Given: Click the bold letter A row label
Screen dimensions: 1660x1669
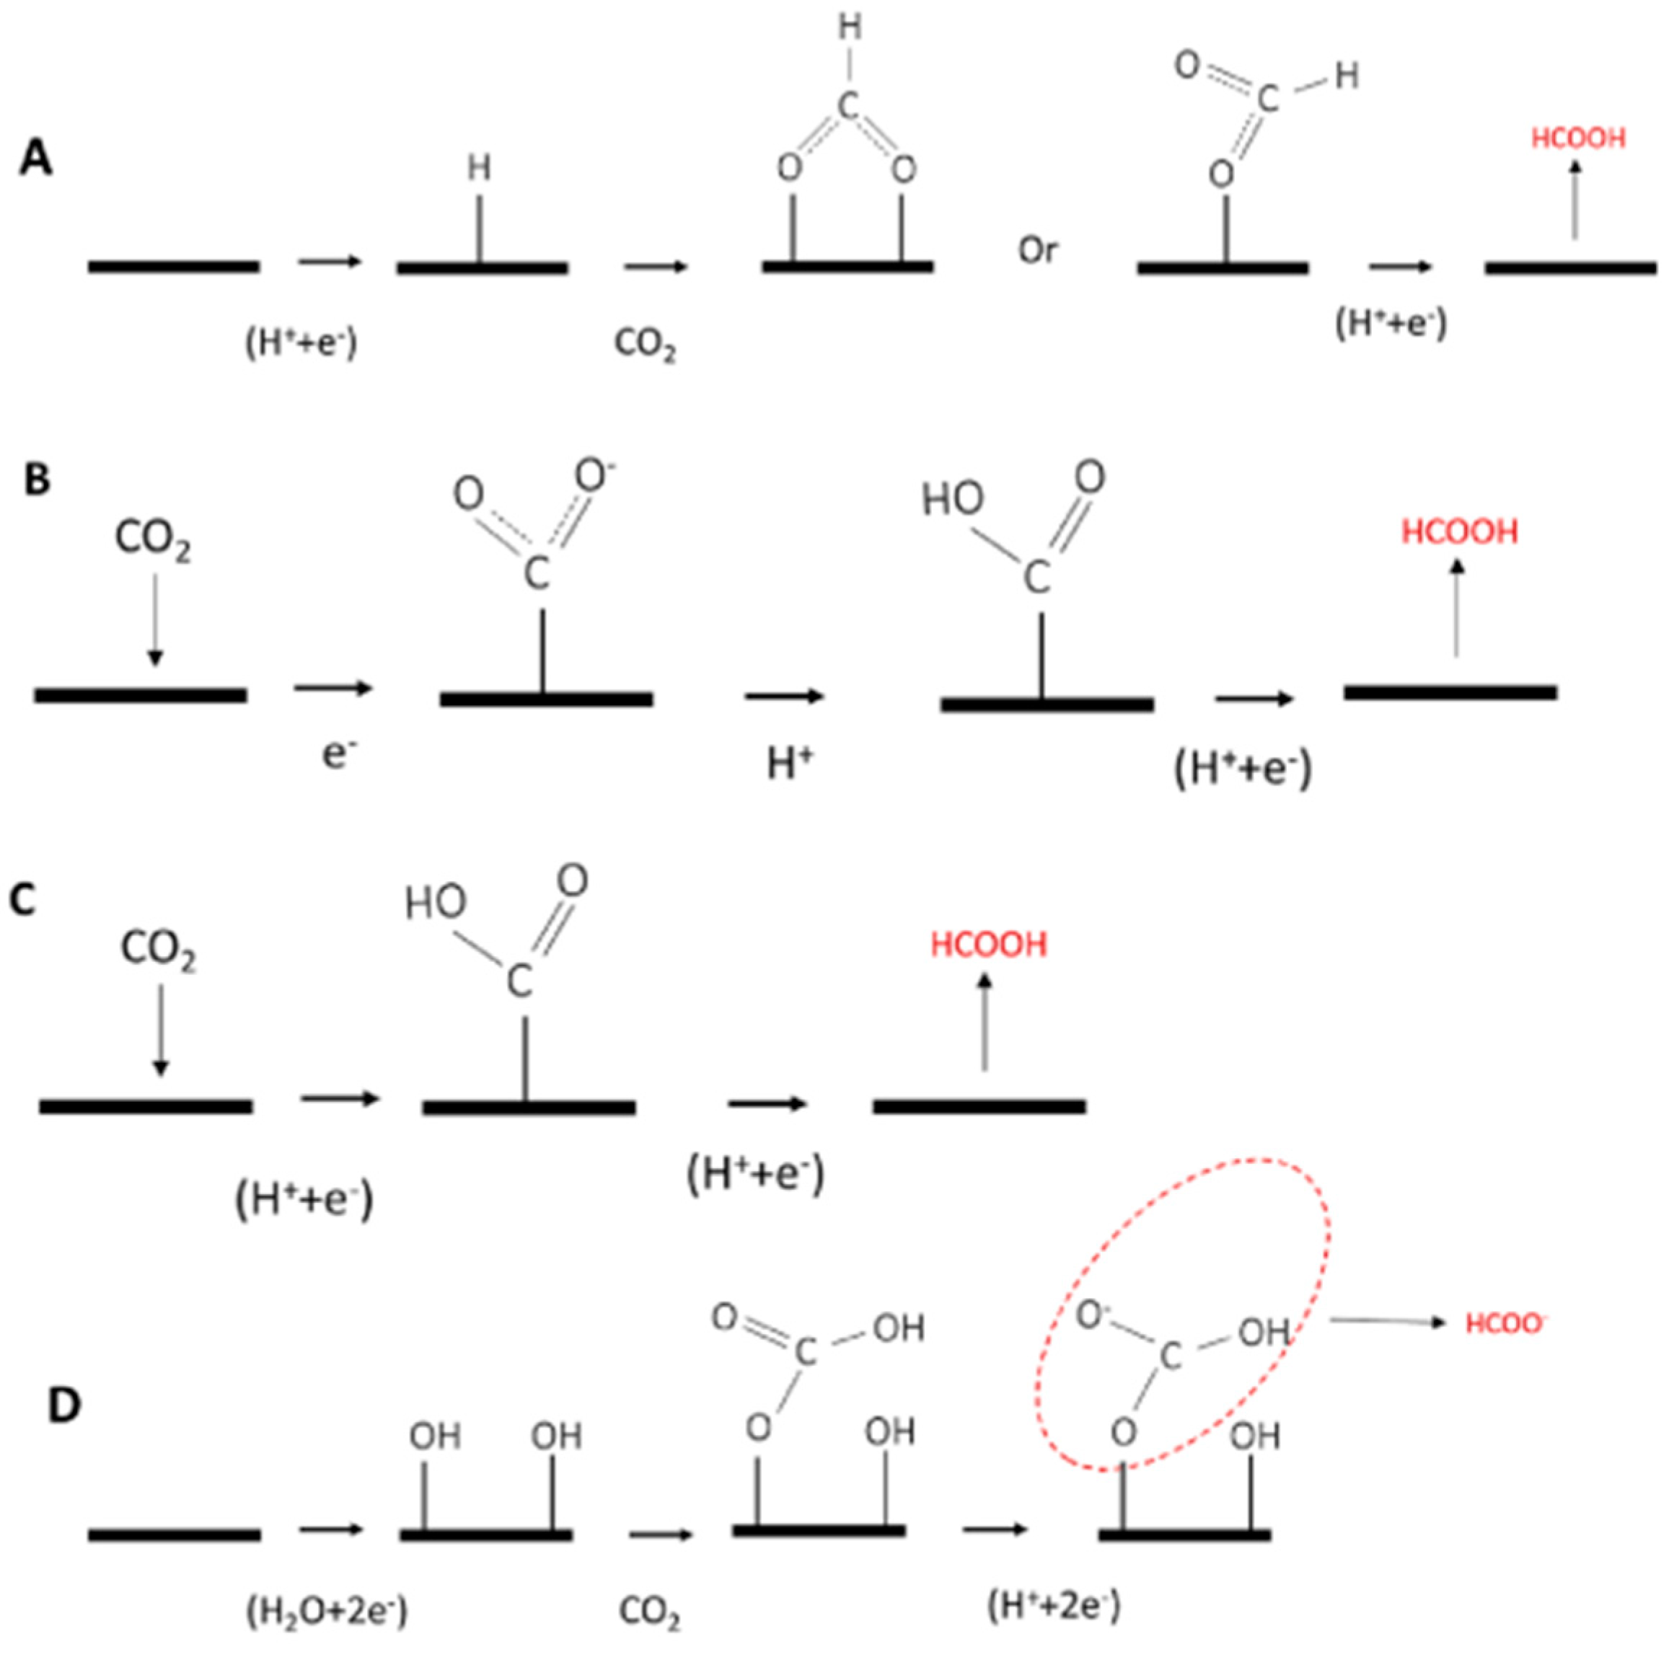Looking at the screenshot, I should click(36, 161).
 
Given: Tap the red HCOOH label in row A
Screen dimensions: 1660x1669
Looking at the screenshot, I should click(1577, 138).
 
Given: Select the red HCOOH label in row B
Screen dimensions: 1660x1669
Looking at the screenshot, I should click(1459, 532).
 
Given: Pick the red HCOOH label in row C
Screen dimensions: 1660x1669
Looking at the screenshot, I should click(988, 945).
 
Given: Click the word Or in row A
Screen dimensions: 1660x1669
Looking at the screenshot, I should click(1037, 250).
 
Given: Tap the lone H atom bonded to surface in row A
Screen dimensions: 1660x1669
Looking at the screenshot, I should click(480, 169).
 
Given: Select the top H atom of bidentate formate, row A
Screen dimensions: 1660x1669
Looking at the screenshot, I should click(850, 29).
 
